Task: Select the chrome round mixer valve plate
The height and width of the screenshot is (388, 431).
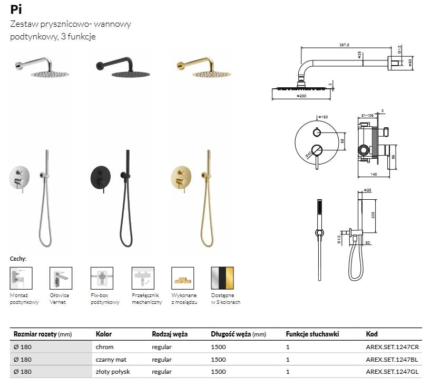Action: click(x=20, y=178)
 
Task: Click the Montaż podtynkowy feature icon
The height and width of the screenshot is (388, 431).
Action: click(x=21, y=278)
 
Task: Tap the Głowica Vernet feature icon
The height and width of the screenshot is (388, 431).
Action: click(x=61, y=278)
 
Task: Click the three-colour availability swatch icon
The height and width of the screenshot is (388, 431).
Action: click(x=222, y=278)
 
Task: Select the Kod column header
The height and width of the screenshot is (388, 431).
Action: click(x=371, y=334)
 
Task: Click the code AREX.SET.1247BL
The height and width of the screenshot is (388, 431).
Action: click(x=392, y=360)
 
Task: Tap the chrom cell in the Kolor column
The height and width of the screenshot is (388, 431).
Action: click(x=104, y=347)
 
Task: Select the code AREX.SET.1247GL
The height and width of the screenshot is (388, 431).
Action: click(x=392, y=372)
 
